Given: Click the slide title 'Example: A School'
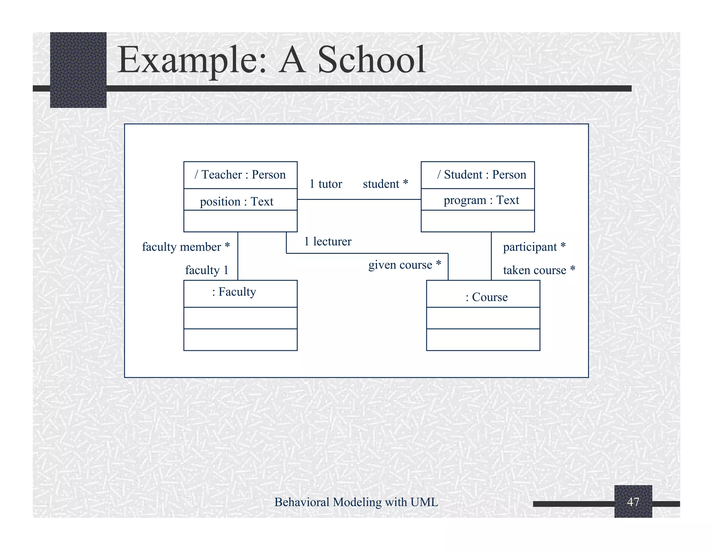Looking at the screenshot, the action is (271, 60).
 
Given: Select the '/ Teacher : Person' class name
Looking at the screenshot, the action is (240, 175).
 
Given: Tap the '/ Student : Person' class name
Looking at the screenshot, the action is (482, 175).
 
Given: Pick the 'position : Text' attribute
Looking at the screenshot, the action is (236, 202).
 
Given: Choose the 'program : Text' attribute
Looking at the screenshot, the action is (481, 200).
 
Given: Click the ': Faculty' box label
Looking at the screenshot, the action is (234, 292).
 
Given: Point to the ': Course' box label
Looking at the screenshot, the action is (486, 297).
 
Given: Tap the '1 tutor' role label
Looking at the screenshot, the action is (326, 184).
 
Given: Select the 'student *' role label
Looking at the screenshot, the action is (385, 184).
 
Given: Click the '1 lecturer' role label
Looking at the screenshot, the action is (327, 242).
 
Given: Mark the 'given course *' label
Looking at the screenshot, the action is (405, 265).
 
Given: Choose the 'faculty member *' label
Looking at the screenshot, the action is (186, 247).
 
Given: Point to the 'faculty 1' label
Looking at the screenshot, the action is (207, 270).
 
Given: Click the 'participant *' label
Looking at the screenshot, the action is (534, 247).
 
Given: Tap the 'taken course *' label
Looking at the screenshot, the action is (539, 270).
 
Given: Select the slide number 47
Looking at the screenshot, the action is (633, 502).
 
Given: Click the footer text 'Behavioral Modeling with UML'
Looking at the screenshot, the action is (356, 502).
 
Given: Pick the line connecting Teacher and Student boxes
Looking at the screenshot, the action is (359, 200).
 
